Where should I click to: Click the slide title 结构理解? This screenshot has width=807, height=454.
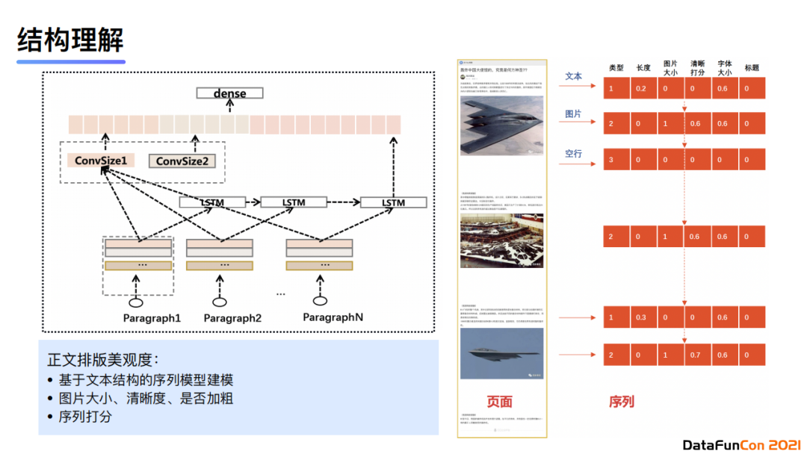coord(70,40)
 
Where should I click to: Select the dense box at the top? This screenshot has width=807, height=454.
coord(230,93)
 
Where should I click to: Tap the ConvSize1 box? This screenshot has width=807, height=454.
coord(100,161)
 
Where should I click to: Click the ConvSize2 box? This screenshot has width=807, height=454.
coord(182,161)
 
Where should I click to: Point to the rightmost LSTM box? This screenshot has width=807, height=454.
coord(393,202)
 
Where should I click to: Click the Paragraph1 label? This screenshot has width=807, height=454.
coord(152,319)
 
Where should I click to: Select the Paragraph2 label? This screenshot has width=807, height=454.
coord(233,319)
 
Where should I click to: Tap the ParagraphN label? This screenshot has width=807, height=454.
coord(333,317)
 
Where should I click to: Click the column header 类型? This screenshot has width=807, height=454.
coord(616,68)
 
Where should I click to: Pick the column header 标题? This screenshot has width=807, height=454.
coord(752,68)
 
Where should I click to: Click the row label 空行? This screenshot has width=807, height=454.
coord(573,154)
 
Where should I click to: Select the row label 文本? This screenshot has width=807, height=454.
coord(573,76)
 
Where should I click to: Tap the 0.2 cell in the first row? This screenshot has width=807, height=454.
coord(641,89)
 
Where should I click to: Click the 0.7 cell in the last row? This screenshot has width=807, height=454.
coord(696,355)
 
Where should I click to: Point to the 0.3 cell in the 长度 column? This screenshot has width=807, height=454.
coord(641,318)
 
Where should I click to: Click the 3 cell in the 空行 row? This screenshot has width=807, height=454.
coord(611,160)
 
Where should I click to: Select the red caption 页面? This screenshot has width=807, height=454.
coord(500,402)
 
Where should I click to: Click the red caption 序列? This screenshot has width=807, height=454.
coord(621,402)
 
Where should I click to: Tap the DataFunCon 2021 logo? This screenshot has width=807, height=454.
coord(740,445)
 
